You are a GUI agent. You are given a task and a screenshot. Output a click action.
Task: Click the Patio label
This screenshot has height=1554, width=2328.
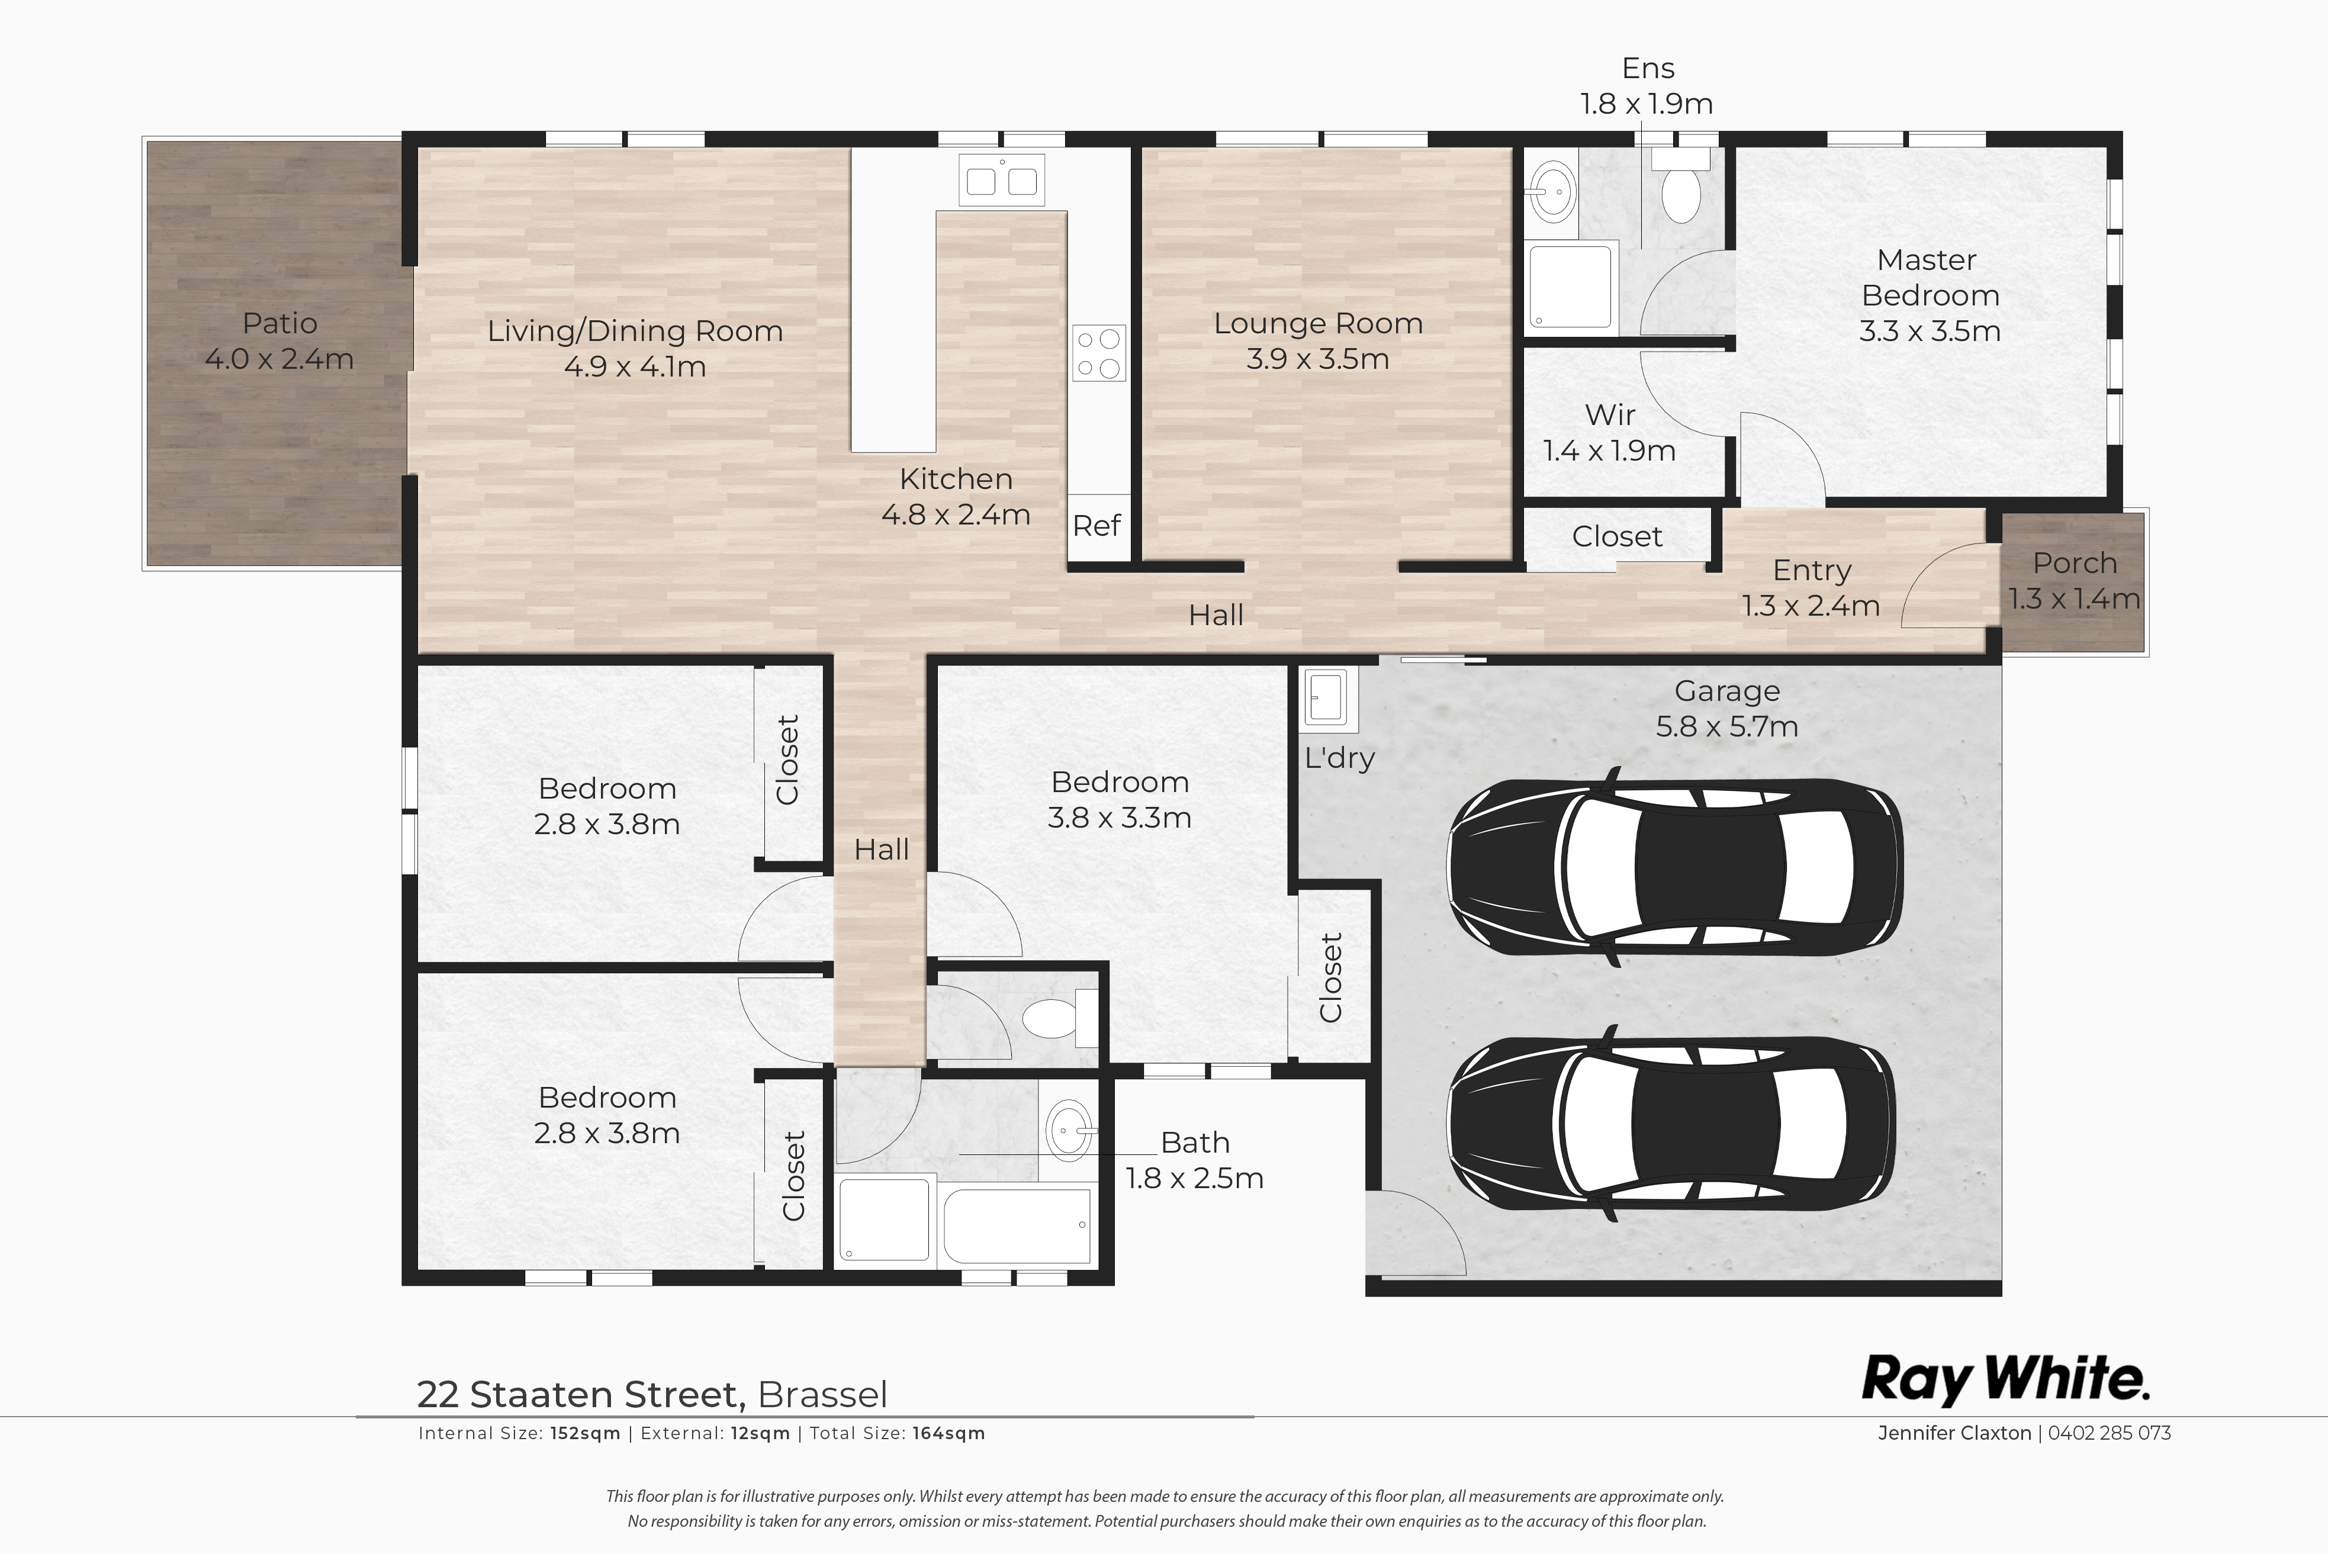click(x=279, y=323)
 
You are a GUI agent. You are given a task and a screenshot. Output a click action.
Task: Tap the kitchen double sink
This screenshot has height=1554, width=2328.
click(x=1002, y=179)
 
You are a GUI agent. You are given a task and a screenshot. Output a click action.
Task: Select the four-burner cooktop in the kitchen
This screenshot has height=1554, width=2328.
click(x=1099, y=353)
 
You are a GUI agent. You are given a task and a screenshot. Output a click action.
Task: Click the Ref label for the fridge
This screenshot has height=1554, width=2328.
click(x=1096, y=525)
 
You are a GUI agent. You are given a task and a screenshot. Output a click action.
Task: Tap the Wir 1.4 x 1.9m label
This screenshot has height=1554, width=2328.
click(x=1609, y=432)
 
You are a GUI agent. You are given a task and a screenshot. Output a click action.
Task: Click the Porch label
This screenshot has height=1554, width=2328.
click(x=2074, y=563)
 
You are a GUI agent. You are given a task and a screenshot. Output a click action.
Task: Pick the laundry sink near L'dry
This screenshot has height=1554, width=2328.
click(x=1326, y=697)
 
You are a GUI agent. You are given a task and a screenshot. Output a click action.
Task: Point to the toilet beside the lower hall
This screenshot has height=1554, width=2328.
click(x=1056, y=1017)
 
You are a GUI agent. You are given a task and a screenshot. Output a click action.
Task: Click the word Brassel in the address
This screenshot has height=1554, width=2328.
click(x=822, y=1394)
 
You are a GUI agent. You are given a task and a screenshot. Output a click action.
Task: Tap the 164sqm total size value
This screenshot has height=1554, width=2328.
click(x=948, y=1433)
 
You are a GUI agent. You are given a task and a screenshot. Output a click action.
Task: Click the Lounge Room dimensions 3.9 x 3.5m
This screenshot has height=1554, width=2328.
click(x=1317, y=359)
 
